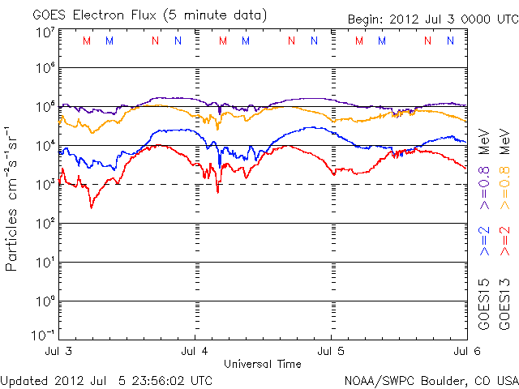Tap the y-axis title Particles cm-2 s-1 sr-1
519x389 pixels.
(x=14, y=199)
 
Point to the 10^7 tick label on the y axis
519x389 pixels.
(x=45, y=32)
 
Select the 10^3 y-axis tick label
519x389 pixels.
(x=45, y=184)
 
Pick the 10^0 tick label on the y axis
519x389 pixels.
(x=45, y=301)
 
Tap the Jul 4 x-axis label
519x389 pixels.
(x=195, y=352)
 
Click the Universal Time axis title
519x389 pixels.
(x=262, y=364)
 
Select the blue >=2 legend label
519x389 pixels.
(x=485, y=242)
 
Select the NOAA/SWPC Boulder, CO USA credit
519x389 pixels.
(x=430, y=379)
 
